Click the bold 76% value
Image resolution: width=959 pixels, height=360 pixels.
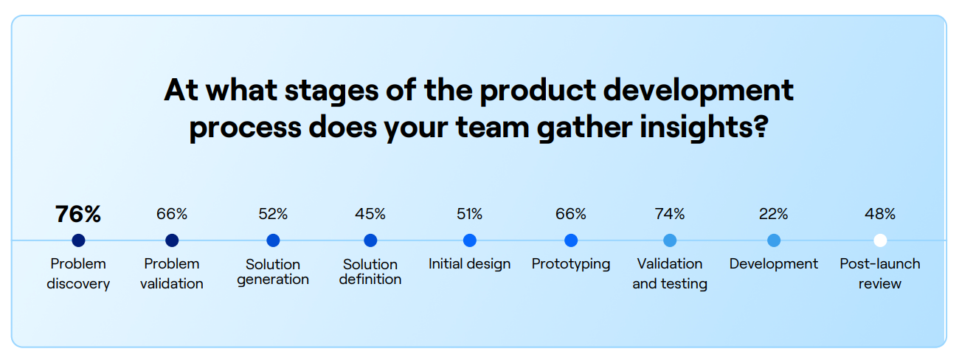(x=78, y=215)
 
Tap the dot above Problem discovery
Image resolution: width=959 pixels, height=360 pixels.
(x=79, y=240)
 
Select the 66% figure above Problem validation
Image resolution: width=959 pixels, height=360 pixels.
(x=172, y=215)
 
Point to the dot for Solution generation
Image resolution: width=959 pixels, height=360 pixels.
(x=273, y=240)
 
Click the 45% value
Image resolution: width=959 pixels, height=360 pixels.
(x=370, y=215)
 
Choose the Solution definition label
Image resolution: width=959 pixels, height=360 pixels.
(x=370, y=271)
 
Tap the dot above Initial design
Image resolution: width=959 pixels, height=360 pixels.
(x=470, y=240)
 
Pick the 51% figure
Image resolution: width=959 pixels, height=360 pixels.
(x=470, y=215)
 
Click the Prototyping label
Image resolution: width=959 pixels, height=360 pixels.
(x=571, y=264)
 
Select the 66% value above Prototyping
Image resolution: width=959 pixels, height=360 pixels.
(x=571, y=215)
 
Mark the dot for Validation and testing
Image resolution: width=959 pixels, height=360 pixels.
(x=670, y=240)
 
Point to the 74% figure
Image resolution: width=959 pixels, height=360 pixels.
(x=670, y=215)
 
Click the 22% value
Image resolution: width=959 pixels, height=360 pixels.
(x=774, y=215)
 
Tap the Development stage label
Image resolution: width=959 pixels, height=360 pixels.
(x=774, y=264)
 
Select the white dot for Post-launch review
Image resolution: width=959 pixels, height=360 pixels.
(x=880, y=240)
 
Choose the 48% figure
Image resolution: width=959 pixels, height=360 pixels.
(x=880, y=215)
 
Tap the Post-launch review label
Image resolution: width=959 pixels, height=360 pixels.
(x=880, y=273)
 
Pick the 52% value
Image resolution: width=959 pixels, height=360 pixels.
(x=273, y=215)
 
